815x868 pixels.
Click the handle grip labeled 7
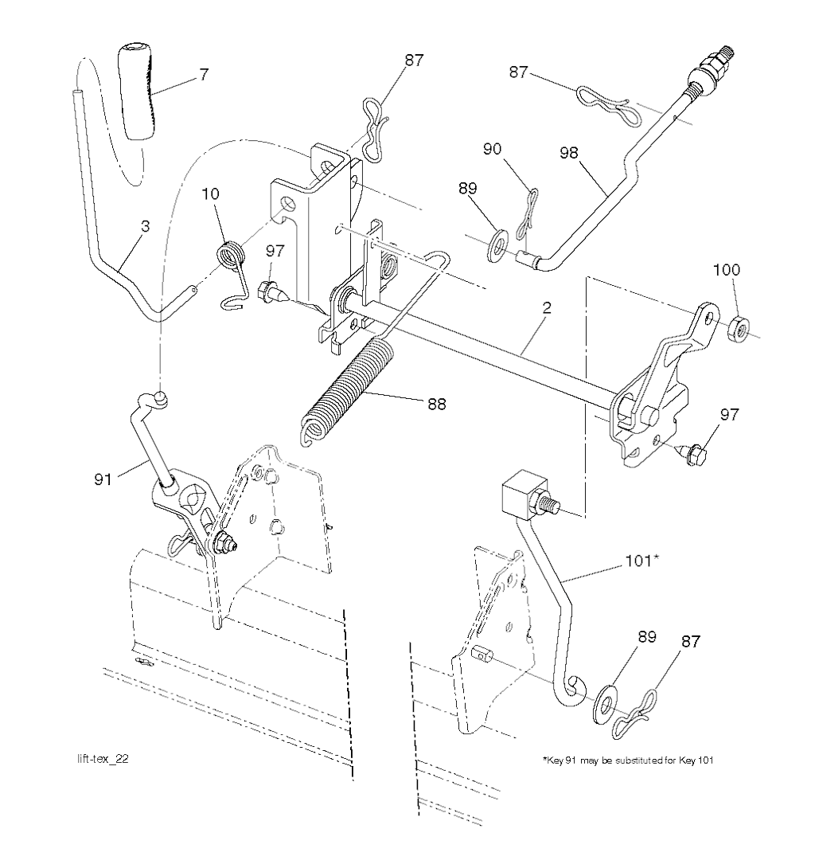pos(135,93)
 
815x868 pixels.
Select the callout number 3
pos(145,226)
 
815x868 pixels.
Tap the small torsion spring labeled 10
pos(231,272)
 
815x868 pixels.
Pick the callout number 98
pos(569,153)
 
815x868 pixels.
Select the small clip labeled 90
pos(526,214)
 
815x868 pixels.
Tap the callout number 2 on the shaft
pos(546,308)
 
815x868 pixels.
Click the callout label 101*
pos(641,561)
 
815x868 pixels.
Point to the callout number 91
pos(103,479)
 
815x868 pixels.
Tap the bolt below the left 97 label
pos(273,291)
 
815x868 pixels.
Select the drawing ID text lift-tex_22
pos(103,759)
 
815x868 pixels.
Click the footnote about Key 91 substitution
pos(628,760)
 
